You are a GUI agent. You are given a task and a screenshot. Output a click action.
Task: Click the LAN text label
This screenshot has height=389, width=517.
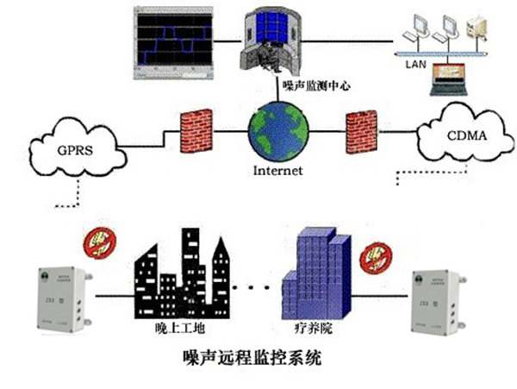pyautogui.click(x=415, y=63)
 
